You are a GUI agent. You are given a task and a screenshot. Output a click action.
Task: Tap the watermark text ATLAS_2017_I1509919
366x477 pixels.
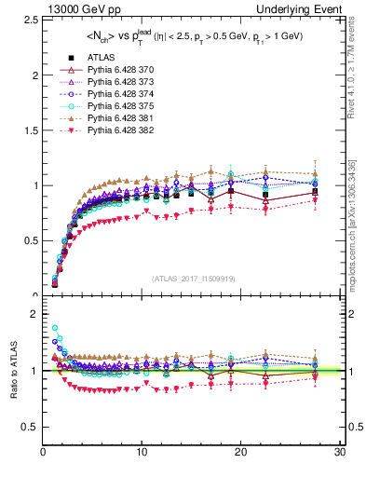[192, 278]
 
